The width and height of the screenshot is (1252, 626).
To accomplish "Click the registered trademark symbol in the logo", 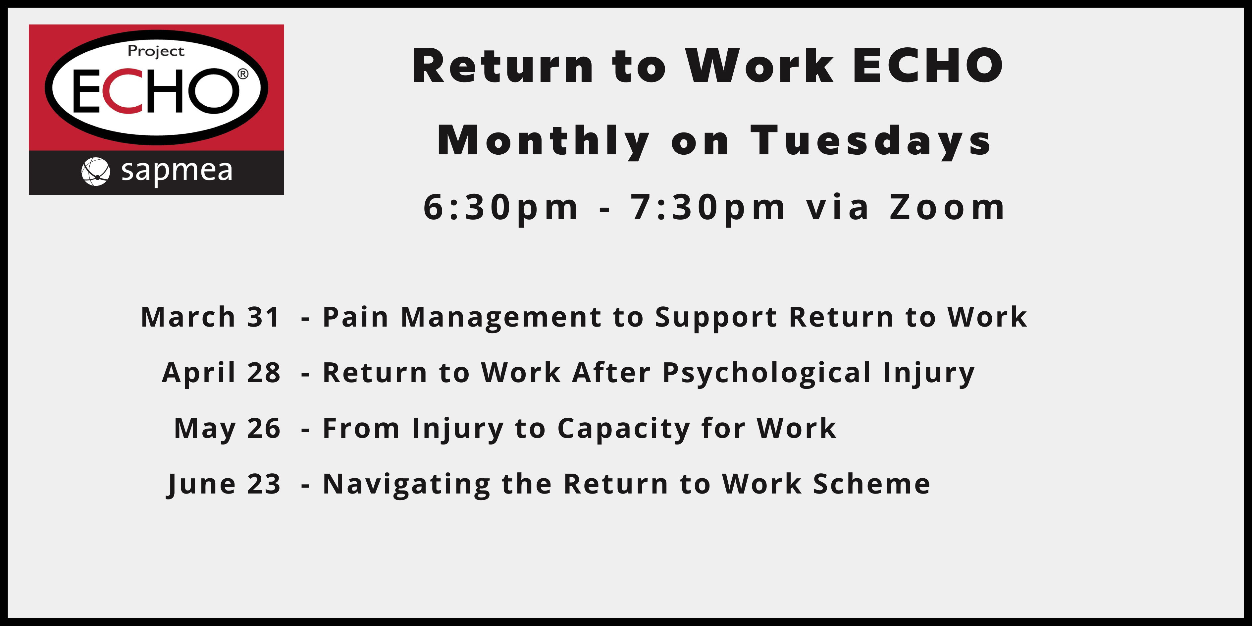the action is pyautogui.click(x=242, y=74).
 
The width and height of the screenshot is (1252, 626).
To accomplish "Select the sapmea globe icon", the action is pyautogui.click(x=95, y=172).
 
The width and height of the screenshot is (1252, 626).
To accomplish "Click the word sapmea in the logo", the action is pyautogui.click(x=177, y=172).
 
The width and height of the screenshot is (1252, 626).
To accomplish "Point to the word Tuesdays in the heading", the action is pyautogui.click(x=871, y=141).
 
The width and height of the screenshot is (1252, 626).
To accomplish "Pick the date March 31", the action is pyautogui.click(x=210, y=317).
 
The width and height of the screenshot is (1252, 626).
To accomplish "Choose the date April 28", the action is pyautogui.click(x=221, y=373).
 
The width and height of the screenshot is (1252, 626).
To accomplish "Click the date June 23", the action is pyautogui.click(x=224, y=485).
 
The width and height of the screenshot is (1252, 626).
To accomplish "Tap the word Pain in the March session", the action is pyautogui.click(x=356, y=317).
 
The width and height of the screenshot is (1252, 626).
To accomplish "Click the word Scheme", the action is pyautogui.click(x=872, y=484).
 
